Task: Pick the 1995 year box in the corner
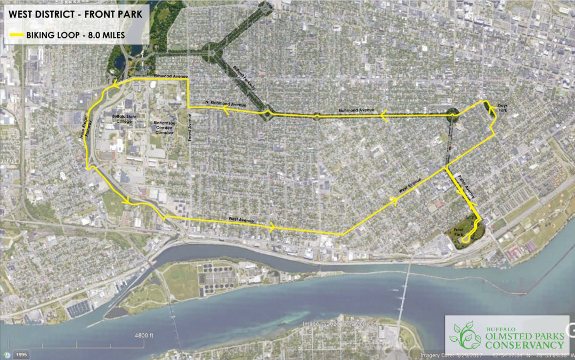(21, 355)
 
